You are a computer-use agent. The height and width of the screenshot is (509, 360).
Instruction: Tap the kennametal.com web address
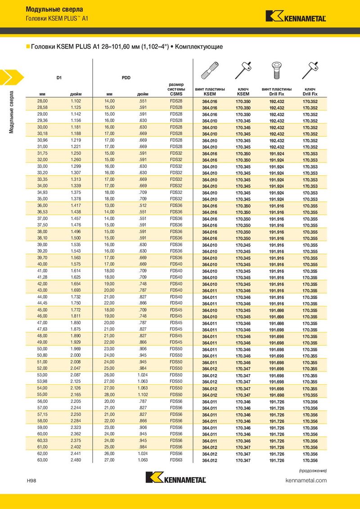pos(306,481)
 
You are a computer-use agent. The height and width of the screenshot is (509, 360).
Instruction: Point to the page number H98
pos(31,481)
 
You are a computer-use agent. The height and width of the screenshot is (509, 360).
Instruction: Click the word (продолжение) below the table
pos(313,470)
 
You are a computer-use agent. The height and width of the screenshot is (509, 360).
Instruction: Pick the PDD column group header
pos(126,77)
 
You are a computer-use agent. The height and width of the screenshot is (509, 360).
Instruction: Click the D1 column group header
pos(59,77)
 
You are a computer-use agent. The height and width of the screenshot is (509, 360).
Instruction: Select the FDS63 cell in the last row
pos(176,460)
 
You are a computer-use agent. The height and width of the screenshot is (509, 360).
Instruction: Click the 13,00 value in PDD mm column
pos(110,205)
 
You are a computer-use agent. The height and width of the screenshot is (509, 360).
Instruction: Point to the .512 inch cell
pos(143,205)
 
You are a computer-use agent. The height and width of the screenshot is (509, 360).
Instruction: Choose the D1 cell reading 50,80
pos(42,355)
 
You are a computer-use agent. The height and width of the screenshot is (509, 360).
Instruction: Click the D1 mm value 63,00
pos(42,460)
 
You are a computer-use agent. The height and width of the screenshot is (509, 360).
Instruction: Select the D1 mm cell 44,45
pos(42,304)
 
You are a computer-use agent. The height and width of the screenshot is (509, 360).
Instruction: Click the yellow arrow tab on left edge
pos(10,77)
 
